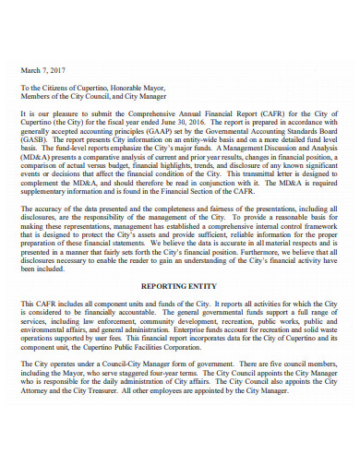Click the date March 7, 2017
[x=43, y=69]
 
